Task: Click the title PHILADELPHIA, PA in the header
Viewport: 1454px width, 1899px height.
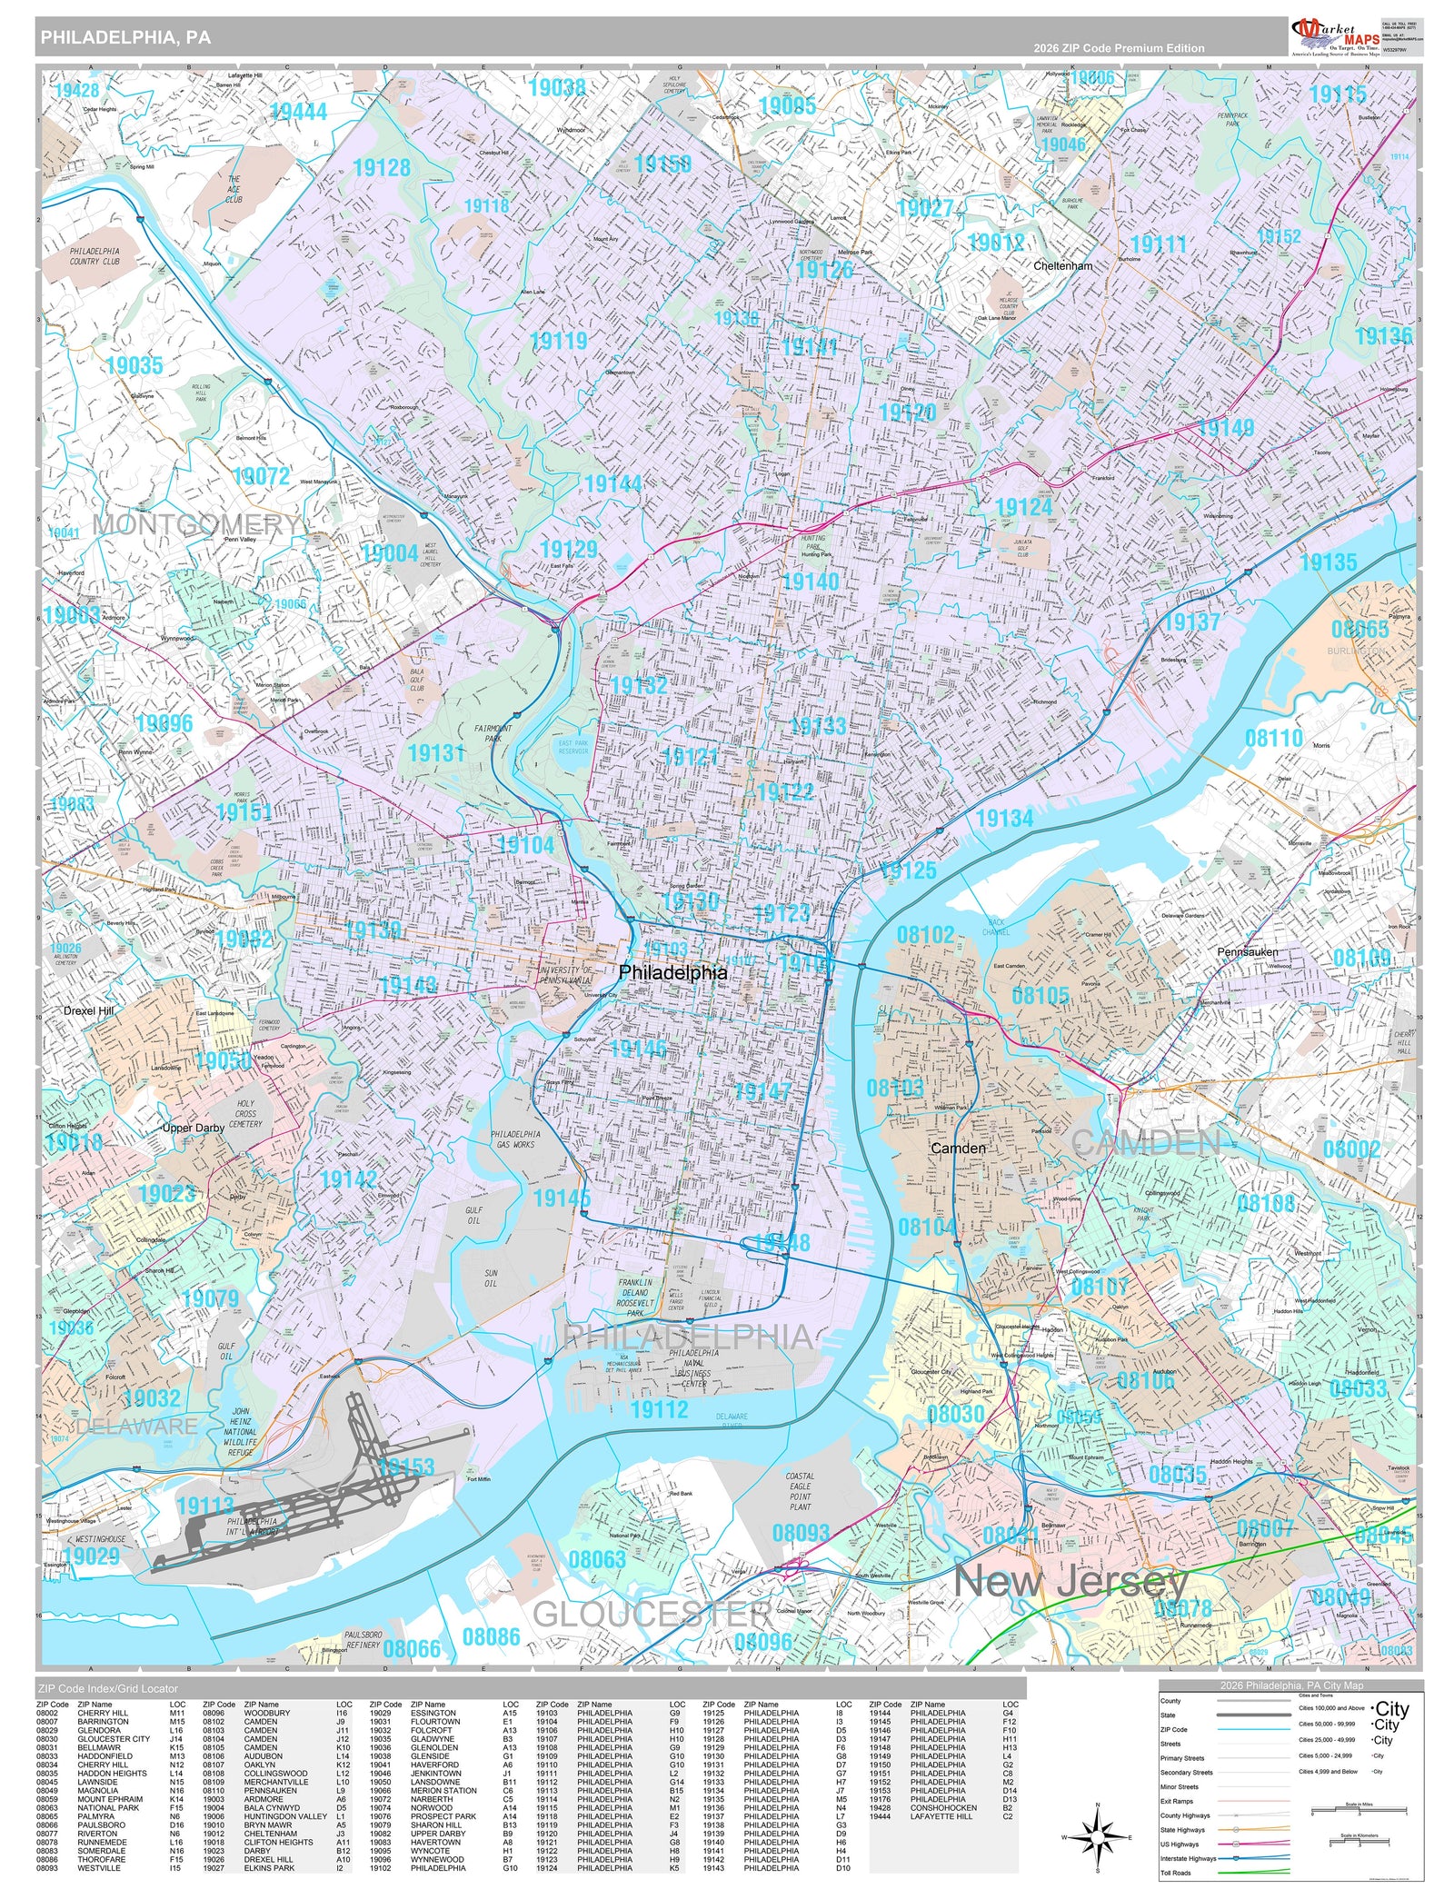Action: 125,37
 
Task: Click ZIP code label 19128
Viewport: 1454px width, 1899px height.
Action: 382,168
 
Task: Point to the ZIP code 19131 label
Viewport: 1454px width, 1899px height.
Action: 436,752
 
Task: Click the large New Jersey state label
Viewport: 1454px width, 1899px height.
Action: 1071,1581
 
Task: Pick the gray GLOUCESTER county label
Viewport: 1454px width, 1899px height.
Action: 652,1615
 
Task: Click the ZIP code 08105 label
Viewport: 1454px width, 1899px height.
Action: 1041,995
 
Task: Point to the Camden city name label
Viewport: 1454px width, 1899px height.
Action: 958,1148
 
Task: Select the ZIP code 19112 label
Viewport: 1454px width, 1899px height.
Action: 659,1409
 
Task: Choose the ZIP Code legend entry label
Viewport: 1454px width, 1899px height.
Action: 1174,1730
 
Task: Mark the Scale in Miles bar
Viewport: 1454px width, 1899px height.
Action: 1359,1814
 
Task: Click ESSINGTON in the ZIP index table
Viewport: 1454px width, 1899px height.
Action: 433,1714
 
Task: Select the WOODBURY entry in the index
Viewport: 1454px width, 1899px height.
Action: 266,1714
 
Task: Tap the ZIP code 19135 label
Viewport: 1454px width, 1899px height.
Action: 1328,562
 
